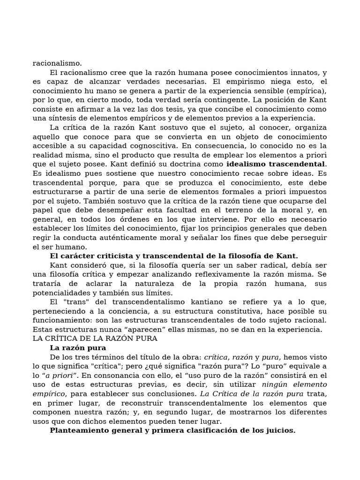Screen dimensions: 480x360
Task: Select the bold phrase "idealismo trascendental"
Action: click(276, 164)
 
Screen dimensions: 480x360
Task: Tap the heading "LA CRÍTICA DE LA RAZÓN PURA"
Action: click(95, 338)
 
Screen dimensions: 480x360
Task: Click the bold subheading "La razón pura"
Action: click(78, 348)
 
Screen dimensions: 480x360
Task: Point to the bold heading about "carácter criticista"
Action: click(173, 256)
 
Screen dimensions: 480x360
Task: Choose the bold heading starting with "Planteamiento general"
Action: click(172, 430)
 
